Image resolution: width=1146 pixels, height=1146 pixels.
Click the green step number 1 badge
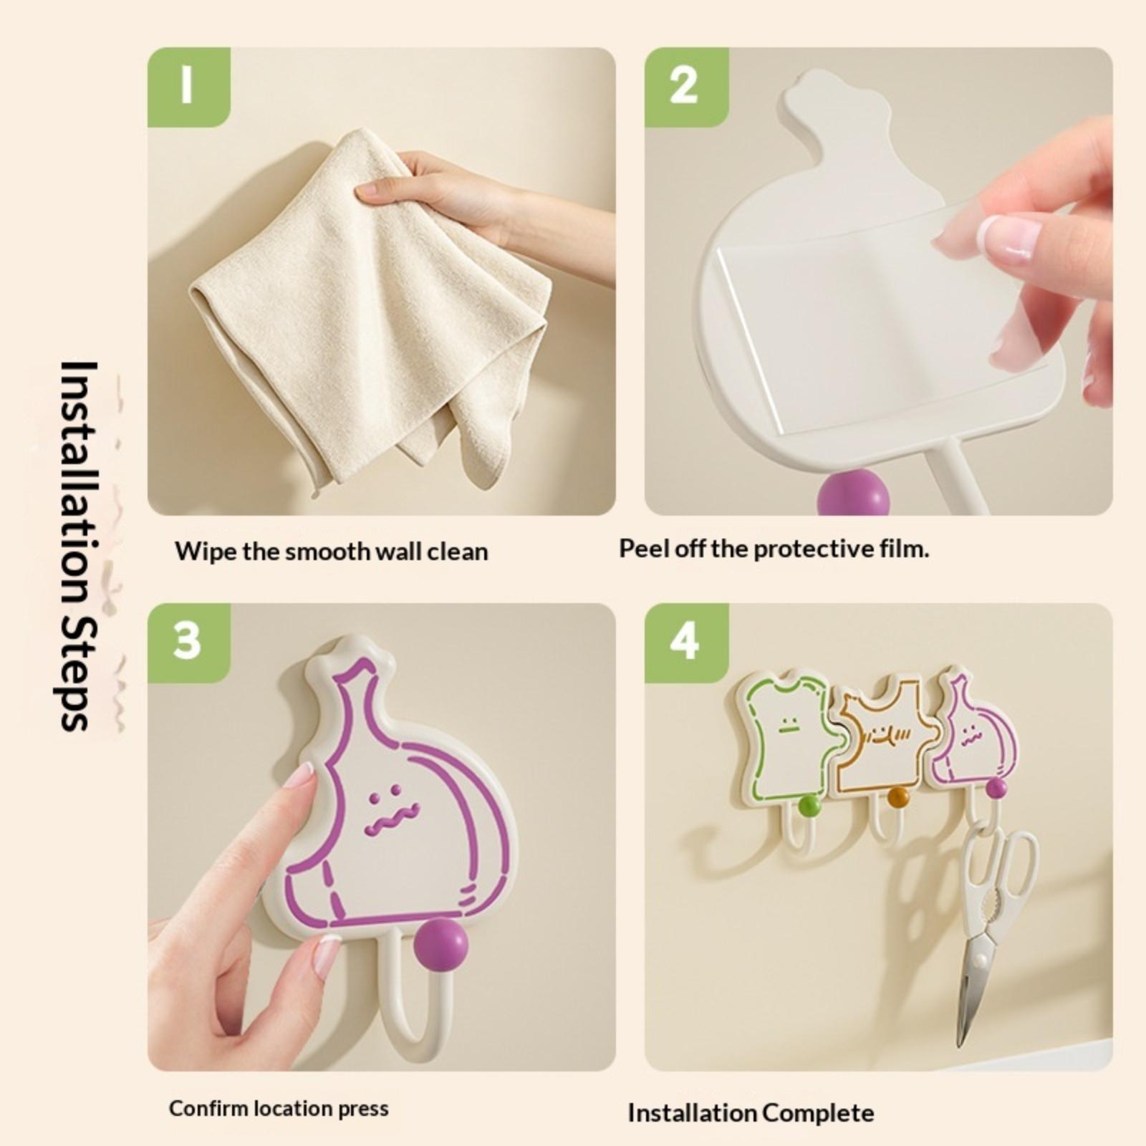point(188,87)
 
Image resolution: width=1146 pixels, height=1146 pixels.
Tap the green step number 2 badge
point(686,87)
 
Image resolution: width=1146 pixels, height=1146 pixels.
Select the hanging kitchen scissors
point(996,931)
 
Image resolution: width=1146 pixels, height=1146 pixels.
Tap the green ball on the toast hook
point(809,805)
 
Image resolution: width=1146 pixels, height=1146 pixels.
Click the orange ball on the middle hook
point(897,797)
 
